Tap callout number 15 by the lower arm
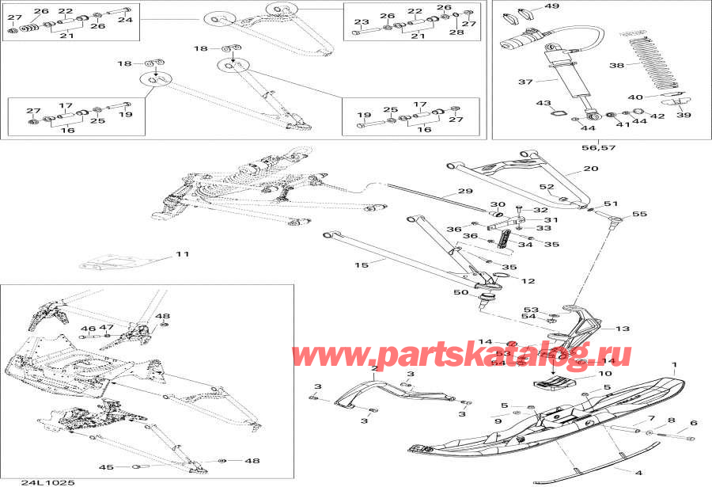(x=361, y=264)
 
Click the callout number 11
(x=183, y=255)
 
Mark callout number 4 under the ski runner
(x=615, y=473)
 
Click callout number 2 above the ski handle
(x=374, y=369)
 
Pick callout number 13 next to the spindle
(x=623, y=329)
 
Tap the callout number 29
(x=464, y=192)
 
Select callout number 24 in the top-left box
(x=124, y=20)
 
